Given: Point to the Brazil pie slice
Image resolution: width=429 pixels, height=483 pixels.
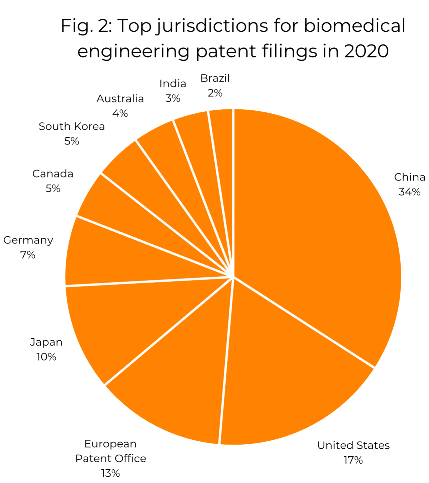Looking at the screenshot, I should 223,150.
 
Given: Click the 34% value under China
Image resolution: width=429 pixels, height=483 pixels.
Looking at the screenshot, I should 409,192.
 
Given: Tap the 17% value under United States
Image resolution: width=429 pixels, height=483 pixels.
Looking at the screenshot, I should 353,460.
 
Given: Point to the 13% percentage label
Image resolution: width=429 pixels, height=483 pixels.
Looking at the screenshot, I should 110,473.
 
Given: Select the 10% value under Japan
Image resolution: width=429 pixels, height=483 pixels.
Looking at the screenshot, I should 46,357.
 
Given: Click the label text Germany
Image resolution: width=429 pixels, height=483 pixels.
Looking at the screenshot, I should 28,240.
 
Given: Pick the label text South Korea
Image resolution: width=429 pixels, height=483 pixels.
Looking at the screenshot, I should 72,126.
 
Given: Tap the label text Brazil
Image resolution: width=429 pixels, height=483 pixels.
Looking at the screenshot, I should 215,78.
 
